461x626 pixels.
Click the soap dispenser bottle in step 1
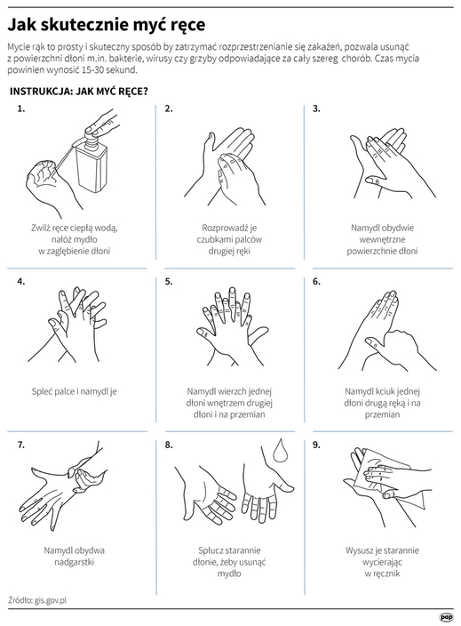[x=91, y=165]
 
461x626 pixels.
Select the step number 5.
[x=169, y=282]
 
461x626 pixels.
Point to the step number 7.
[x=20, y=445]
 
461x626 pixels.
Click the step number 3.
[x=316, y=108]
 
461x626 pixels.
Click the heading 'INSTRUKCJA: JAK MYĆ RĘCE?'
[x=78, y=92]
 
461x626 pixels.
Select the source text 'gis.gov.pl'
[x=51, y=600]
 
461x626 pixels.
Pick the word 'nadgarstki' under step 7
[x=75, y=562]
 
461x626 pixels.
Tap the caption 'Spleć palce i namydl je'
[x=75, y=391]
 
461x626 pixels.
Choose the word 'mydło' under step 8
[x=229, y=574]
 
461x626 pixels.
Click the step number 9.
[x=316, y=445]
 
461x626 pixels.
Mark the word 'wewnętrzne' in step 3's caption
[x=382, y=239]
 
